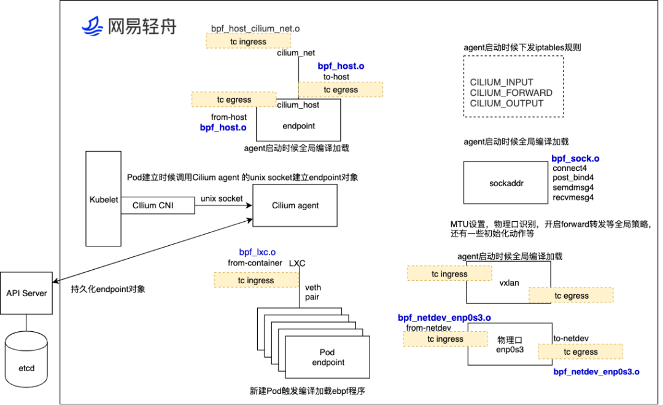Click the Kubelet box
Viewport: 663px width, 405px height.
coord(103,199)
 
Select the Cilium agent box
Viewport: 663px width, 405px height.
coord(295,205)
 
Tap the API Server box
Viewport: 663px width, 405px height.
coord(26,293)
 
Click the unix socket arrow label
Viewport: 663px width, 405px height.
coord(222,199)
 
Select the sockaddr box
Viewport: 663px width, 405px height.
coord(506,183)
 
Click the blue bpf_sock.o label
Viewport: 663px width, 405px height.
coord(575,159)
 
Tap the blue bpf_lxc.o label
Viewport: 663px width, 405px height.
coord(257,252)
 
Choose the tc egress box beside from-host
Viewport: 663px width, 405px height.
coord(233,99)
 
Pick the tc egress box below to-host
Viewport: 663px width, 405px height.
coord(340,90)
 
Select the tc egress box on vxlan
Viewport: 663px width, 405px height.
coord(571,296)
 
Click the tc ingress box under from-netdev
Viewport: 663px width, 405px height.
coord(445,339)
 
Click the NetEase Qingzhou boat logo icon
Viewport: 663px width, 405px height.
coord(92,26)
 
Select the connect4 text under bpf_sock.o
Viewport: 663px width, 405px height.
coord(569,168)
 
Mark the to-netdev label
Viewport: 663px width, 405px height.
coord(571,338)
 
